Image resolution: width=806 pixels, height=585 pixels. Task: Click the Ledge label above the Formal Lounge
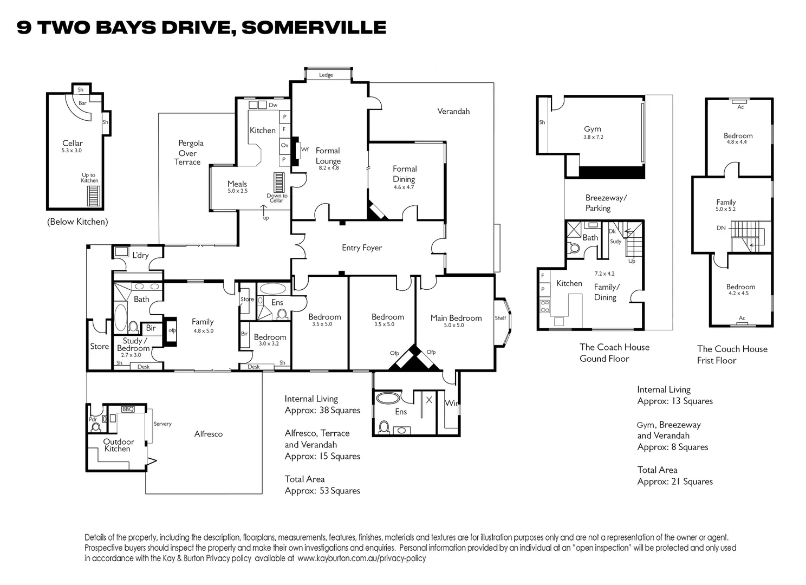point(326,75)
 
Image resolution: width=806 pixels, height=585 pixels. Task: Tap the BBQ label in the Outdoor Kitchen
point(128,409)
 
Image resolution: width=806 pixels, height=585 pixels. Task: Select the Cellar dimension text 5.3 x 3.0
point(71,151)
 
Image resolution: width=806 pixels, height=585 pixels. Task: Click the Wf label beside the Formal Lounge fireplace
point(305,149)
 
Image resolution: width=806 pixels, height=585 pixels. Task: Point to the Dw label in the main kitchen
point(273,105)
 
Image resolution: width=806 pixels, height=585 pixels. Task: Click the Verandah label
point(453,112)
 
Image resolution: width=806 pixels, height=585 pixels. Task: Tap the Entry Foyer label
point(362,248)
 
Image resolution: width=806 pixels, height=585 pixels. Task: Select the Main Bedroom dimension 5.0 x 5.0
point(454,325)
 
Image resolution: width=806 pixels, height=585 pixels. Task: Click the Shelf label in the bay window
point(500,318)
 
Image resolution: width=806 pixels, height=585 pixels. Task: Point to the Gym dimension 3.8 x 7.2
point(593,137)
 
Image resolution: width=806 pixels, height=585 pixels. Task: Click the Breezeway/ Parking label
point(606,203)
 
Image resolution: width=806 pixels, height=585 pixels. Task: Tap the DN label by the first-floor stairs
point(721,227)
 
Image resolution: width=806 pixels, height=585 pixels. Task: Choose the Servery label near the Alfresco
point(162,424)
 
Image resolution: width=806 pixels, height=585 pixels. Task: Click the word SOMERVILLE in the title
point(314,28)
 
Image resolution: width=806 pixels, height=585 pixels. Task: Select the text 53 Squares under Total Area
point(340,491)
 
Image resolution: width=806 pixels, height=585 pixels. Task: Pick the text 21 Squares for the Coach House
point(692,482)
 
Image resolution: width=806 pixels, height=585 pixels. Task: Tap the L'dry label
point(140,256)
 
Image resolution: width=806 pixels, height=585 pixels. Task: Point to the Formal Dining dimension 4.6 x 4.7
point(404,187)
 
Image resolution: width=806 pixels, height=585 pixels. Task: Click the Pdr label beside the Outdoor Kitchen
point(93,419)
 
